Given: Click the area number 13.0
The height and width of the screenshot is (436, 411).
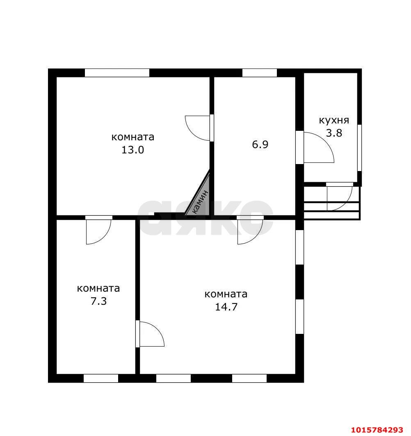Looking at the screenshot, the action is click(x=132, y=150).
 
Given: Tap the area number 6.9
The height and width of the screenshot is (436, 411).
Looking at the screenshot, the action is click(x=260, y=145).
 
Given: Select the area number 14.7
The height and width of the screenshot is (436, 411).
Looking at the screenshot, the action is click(x=226, y=307).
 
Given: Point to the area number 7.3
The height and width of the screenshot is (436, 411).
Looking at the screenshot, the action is click(x=99, y=301).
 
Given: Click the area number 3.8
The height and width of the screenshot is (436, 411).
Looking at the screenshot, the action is click(x=334, y=133).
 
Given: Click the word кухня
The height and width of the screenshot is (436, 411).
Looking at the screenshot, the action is click(x=334, y=121).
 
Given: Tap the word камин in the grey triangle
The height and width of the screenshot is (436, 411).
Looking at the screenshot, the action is click(x=200, y=202).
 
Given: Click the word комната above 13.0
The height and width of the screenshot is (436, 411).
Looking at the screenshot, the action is click(x=132, y=137).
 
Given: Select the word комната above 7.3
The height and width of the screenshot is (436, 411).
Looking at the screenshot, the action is click(x=98, y=288).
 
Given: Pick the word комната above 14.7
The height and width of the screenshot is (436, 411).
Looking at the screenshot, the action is click(x=226, y=294).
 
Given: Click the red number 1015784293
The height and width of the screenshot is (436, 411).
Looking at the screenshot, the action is click(x=377, y=430).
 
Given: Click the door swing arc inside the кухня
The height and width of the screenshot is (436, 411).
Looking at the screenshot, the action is click(x=325, y=141).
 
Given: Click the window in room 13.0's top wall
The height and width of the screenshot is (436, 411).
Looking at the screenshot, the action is click(x=117, y=73).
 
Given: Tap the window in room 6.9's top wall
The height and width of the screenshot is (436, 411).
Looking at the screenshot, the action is click(x=260, y=73).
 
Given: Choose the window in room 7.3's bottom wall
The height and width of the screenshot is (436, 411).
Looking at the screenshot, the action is click(x=101, y=379).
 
